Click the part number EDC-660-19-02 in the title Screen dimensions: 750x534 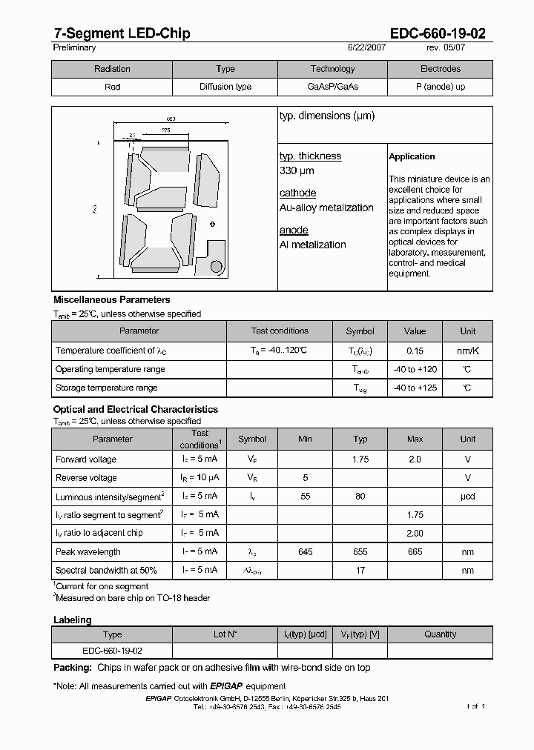point(438,33)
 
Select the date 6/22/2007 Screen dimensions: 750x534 point(366,47)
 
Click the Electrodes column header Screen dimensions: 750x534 point(440,69)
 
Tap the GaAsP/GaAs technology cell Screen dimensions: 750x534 point(332,87)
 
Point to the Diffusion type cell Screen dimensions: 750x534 point(225,87)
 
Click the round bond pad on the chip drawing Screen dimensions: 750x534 point(217,265)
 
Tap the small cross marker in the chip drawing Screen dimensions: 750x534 point(213,224)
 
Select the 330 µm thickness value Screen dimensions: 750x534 point(297,171)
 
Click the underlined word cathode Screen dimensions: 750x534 point(297,193)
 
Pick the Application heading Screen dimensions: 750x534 point(412,156)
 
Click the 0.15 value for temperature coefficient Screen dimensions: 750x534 point(415,351)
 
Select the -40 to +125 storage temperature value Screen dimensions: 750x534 point(415,388)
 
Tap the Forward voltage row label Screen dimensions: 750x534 point(86,459)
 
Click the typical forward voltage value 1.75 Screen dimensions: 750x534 point(360,459)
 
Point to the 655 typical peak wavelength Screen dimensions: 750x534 point(360,552)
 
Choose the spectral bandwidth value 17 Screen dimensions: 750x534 point(360,571)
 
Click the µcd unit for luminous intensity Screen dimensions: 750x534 point(467,497)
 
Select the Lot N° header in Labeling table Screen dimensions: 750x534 point(225,634)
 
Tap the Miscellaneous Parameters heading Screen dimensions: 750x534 point(111,300)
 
